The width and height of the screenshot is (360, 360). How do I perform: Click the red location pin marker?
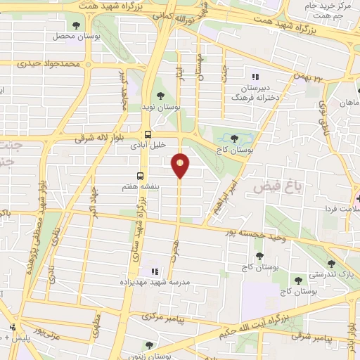pyautogui.click(x=181, y=165)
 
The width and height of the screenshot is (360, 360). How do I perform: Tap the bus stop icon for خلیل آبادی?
pyautogui.click(x=148, y=134)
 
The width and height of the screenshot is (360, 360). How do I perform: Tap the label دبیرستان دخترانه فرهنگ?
pyautogui.click(x=257, y=94)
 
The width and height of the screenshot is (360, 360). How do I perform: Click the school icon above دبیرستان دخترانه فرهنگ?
pyautogui.click(x=255, y=76)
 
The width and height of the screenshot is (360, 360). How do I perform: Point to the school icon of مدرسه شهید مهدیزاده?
pyautogui.click(x=154, y=271)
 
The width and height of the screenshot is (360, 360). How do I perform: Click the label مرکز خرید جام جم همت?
pyautogui.click(x=328, y=10)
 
